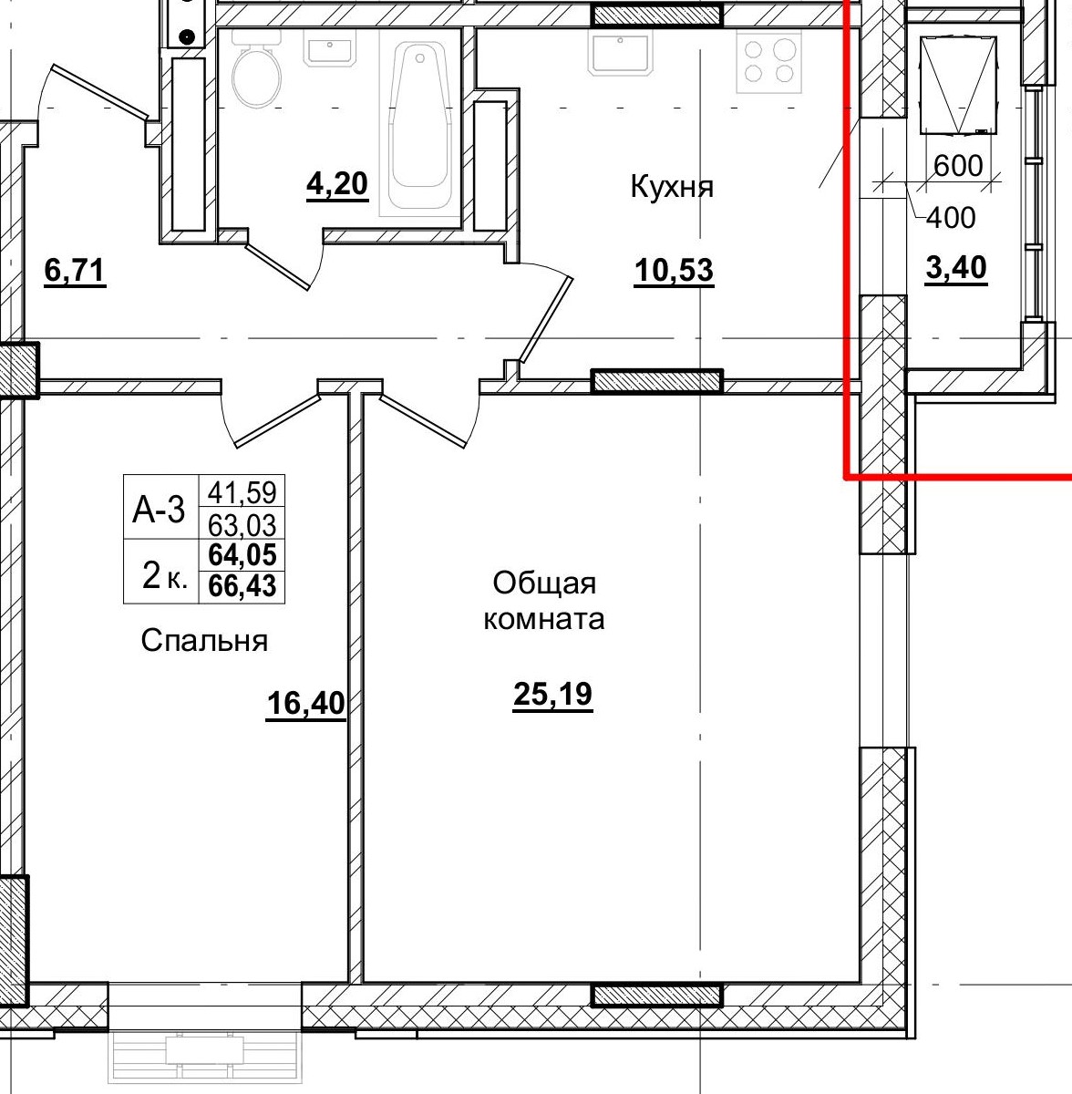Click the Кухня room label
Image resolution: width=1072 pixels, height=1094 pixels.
point(672,188)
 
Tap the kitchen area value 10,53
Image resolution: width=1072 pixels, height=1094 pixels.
point(674,271)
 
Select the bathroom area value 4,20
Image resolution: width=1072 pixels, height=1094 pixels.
point(337,184)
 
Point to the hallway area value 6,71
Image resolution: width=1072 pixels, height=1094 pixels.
point(75,271)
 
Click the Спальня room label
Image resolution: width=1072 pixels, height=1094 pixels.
point(204,641)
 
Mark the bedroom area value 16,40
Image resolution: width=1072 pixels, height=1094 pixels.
point(306,704)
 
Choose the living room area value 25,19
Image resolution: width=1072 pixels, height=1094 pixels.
point(553,695)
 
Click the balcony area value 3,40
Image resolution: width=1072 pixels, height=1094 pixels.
point(956,268)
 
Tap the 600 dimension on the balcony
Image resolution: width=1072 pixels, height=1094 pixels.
point(959,166)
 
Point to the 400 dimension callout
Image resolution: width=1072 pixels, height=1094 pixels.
point(951,218)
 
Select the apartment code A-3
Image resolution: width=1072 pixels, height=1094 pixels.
point(159,510)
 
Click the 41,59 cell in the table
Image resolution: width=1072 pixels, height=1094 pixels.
point(242,492)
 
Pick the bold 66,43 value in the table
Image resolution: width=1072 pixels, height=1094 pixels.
point(242,586)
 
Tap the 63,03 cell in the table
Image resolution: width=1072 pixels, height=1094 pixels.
point(242,524)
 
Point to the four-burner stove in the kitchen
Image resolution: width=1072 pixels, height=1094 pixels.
point(768,62)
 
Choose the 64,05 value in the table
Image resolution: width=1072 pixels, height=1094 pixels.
point(242,555)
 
